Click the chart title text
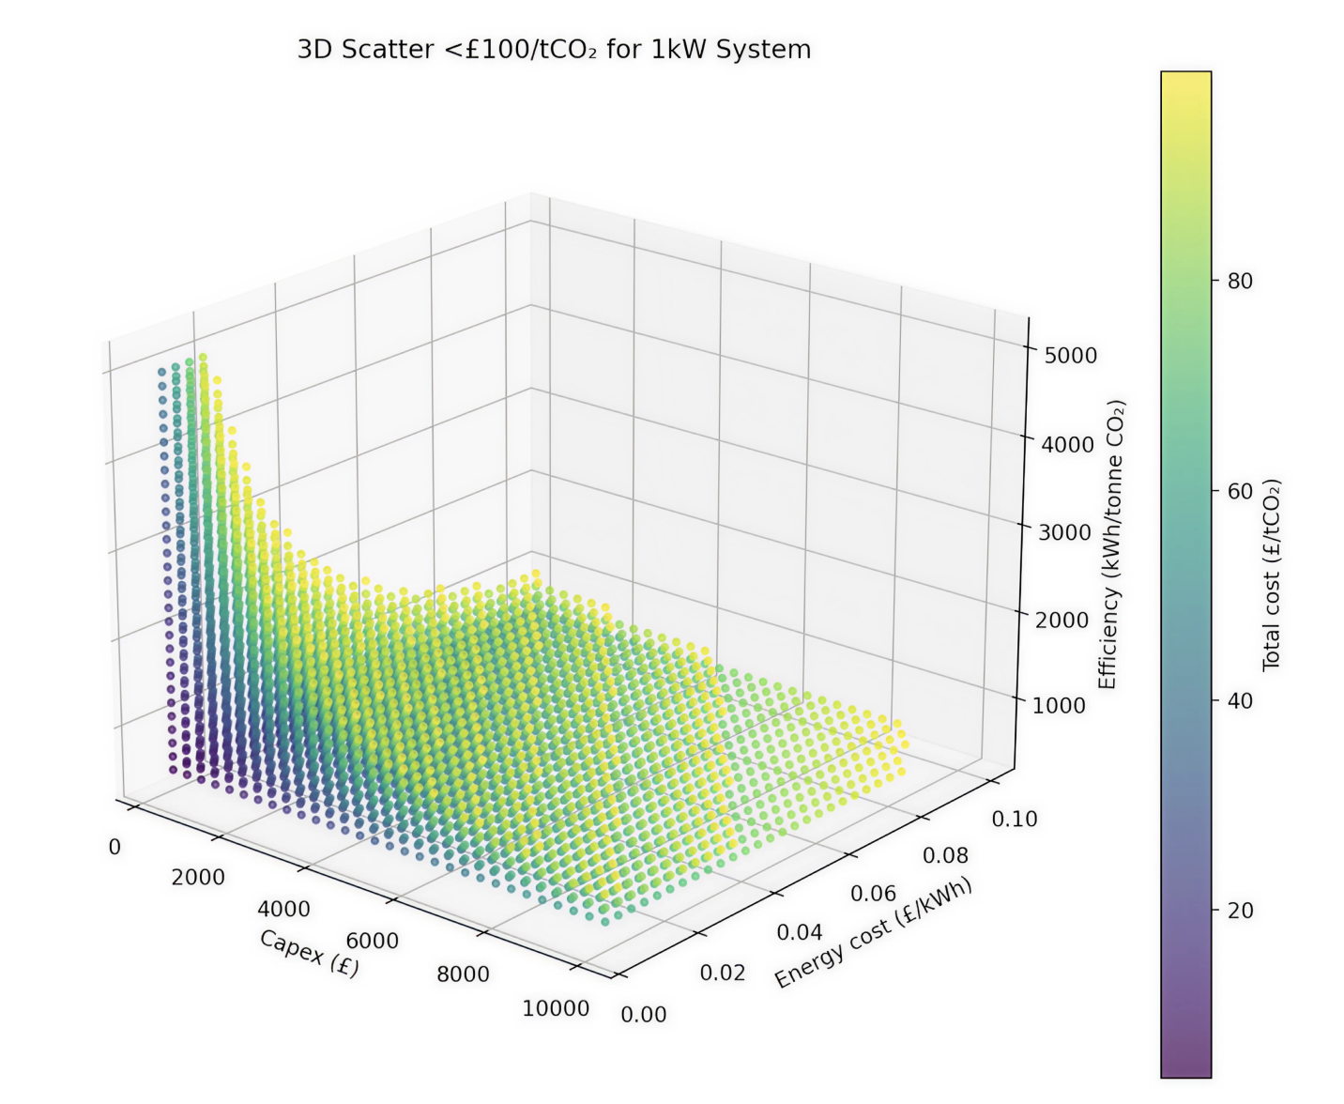coord(554,49)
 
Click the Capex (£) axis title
coord(309,953)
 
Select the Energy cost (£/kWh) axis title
coord(873,932)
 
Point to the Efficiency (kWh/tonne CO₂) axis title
coord(1110,544)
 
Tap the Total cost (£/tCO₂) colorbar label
coord(1272,575)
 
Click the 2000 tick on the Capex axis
coord(198,877)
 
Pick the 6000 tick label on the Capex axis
coord(372,941)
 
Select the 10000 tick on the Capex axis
coord(556,1008)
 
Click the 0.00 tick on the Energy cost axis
coord(644,1014)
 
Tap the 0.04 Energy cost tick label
coord(800,931)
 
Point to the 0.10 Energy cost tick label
coord(1015,819)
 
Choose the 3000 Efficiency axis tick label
coord(1064,531)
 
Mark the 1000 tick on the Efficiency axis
coord(1059,705)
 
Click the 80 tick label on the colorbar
coord(1240,281)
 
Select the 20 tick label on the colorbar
coord(1240,910)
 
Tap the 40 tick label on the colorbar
coord(1240,700)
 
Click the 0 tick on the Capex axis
coord(115,847)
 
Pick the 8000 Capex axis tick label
coord(463,974)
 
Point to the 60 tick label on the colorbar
coord(1240,491)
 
